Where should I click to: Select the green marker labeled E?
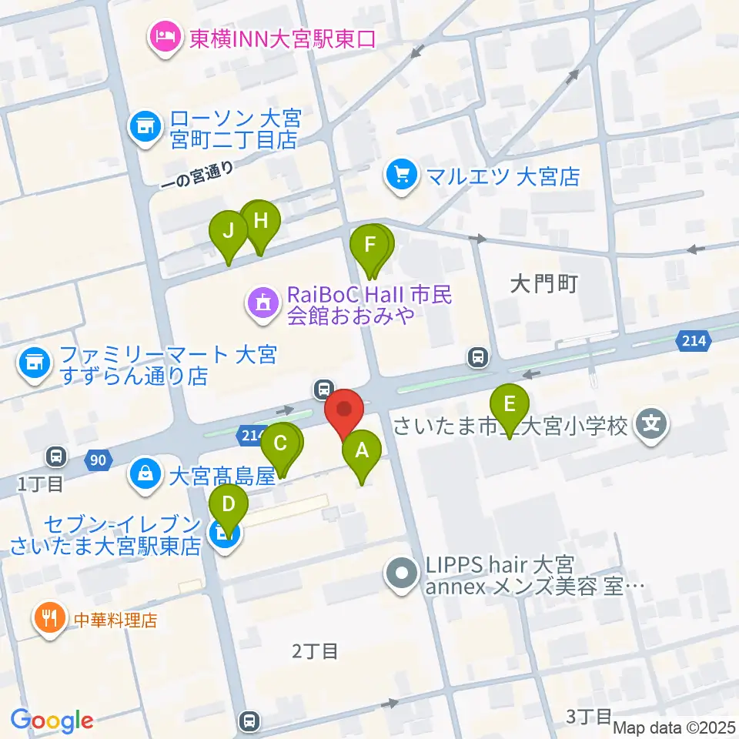click(508, 405)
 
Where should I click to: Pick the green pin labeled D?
click(229, 506)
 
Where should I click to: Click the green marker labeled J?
click(229, 231)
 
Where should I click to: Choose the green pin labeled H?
click(260, 222)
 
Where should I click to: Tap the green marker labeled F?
click(370, 247)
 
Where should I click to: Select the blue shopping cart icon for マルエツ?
click(401, 176)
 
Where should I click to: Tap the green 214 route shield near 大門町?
click(691, 339)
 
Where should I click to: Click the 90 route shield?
click(96, 460)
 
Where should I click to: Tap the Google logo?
click(52, 720)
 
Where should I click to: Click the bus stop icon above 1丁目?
click(57, 456)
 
